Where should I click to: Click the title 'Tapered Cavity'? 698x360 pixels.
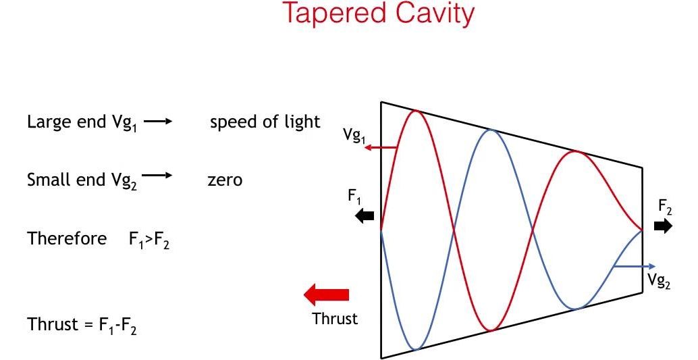pos(378,14)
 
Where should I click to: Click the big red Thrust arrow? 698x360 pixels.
pos(327,295)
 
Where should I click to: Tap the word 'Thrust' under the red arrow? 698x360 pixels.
pos(335,318)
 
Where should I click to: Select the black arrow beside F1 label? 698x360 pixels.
pos(365,216)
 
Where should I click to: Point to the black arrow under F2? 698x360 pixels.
pos(664,226)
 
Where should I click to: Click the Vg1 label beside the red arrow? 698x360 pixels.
pos(354,135)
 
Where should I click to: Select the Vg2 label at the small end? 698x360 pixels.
pos(659,281)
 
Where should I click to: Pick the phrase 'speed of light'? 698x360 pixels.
pos(265,122)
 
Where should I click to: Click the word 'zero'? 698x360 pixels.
pos(225,180)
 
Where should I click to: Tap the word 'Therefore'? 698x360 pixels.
pos(67,238)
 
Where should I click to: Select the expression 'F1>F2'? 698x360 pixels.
pos(149,240)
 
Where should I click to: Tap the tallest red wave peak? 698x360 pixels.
pos(416,111)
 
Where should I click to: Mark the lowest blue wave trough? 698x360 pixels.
pos(416,349)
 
